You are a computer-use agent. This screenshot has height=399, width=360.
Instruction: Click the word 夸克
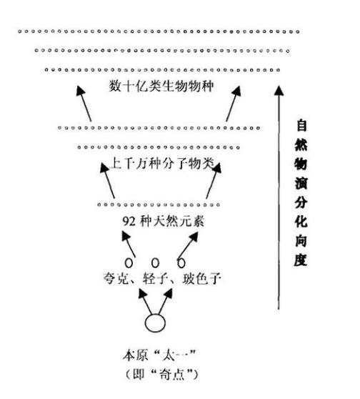pos(115,278)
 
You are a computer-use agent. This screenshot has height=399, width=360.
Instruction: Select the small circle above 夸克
pos(129,261)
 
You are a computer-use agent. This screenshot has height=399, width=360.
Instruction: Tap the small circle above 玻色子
pos(181,261)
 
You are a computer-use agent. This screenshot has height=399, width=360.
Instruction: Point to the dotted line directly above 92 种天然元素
pos(159,205)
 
